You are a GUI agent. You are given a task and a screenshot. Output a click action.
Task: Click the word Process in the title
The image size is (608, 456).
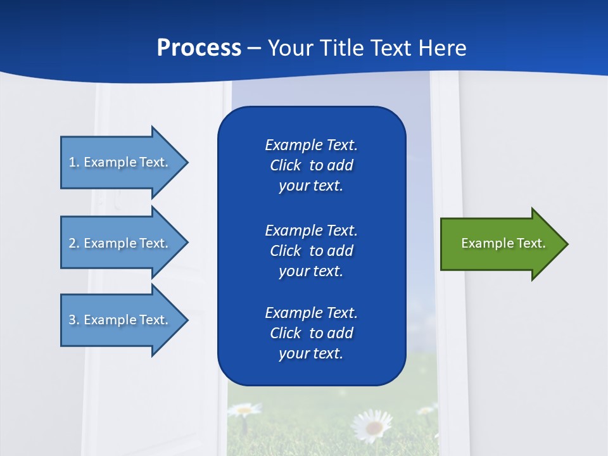[x=199, y=48]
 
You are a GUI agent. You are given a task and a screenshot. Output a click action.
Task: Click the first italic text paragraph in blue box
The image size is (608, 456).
[x=311, y=165]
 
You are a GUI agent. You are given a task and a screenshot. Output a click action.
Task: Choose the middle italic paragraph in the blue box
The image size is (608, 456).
[x=311, y=250]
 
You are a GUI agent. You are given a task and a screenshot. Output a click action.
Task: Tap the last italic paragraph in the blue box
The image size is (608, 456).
[x=311, y=333]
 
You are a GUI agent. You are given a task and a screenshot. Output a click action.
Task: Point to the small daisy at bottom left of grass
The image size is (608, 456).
[x=244, y=410]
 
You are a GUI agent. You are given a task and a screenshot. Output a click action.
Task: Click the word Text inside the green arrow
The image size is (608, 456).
[x=531, y=243]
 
